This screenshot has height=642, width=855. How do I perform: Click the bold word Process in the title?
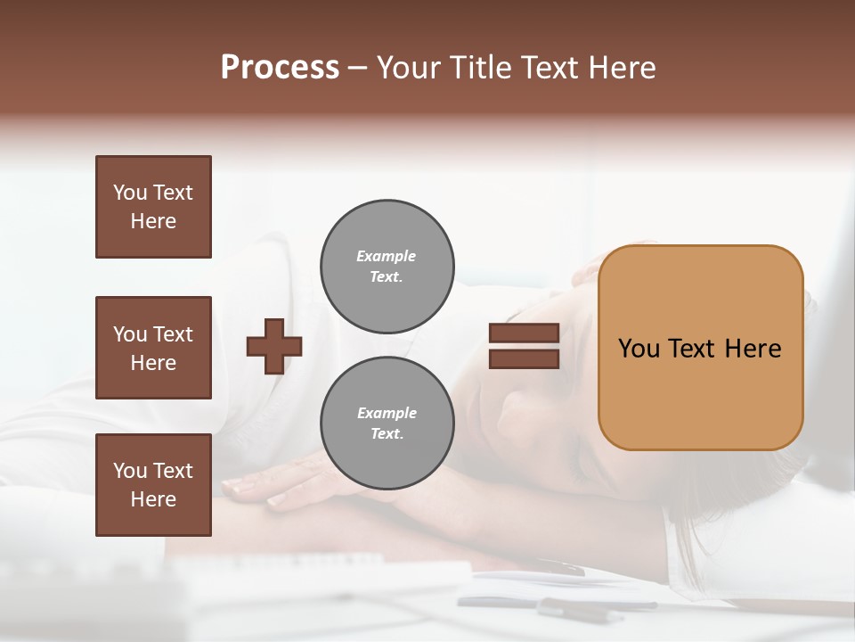click(280, 68)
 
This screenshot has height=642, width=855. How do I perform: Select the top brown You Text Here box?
click(153, 207)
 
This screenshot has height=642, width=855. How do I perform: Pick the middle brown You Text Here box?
click(153, 348)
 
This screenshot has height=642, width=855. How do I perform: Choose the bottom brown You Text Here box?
click(153, 485)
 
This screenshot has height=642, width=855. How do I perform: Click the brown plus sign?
click(274, 346)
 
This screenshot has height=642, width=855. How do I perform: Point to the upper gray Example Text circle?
click(387, 267)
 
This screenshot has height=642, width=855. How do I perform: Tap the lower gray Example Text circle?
click(387, 424)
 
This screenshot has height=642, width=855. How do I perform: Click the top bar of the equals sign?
click(524, 333)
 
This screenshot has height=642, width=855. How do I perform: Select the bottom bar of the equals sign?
click(524, 359)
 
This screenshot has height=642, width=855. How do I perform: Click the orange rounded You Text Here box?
click(700, 348)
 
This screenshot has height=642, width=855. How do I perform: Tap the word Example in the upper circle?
click(387, 256)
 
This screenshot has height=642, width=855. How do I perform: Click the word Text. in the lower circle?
click(387, 434)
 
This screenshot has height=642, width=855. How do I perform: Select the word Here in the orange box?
click(753, 349)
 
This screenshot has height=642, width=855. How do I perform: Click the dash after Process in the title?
click(358, 68)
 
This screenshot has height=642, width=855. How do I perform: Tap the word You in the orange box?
click(639, 349)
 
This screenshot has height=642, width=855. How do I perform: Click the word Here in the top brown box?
click(153, 221)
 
